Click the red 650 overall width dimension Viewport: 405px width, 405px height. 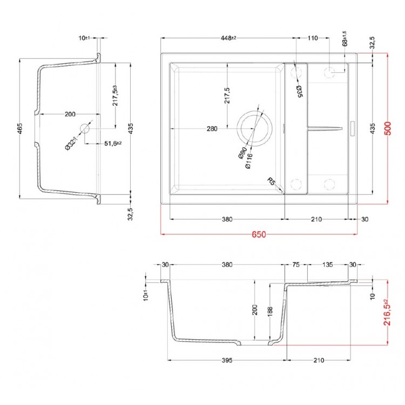click(259, 235)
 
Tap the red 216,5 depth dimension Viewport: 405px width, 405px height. click(386, 312)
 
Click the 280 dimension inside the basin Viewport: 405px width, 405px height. click(212, 129)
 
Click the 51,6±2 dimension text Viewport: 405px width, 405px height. click(112, 143)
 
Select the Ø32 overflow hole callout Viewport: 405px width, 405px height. click(71, 143)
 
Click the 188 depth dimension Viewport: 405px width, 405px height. click(270, 310)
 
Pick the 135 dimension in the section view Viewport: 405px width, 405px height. click(327, 265)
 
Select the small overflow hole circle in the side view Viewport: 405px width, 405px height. click(85, 129)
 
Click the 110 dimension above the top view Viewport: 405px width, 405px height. click(313, 38)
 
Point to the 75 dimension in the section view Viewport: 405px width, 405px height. click(296, 265)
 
